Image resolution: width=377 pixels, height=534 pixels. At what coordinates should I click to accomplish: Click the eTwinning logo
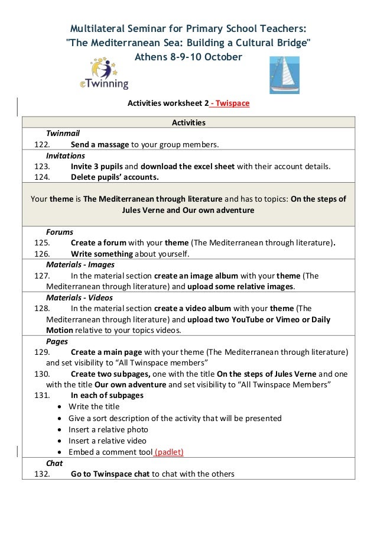point(104,74)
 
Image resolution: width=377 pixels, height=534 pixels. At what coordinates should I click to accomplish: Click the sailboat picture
point(284,75)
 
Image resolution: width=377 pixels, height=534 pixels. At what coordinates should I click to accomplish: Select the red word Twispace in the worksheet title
point(232,103)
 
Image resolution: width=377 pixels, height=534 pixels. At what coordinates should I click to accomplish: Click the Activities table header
point(188,122)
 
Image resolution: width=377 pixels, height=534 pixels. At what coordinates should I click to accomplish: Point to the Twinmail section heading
point(63,134)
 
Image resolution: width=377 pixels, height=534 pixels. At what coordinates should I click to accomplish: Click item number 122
point(42,145)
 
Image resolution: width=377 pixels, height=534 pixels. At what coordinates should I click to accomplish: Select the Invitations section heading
point(66,156)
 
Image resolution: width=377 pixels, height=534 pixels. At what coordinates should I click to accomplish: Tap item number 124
point(42,177)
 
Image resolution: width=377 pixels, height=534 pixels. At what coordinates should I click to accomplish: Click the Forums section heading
point(60,232)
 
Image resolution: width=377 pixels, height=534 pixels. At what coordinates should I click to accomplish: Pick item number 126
point(42,254)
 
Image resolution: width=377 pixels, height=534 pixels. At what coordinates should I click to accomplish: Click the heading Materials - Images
point(80,264)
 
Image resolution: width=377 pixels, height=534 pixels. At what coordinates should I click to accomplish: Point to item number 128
point(42,308)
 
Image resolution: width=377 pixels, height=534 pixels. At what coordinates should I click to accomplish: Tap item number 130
point(42,374)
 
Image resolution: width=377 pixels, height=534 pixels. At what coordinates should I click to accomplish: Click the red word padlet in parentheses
point(169,452)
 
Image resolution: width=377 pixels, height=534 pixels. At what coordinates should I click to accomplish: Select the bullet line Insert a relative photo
point(108,429)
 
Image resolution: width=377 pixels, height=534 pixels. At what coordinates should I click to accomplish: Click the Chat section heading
point(54,463)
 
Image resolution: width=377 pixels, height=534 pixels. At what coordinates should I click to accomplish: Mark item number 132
point(42,474)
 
